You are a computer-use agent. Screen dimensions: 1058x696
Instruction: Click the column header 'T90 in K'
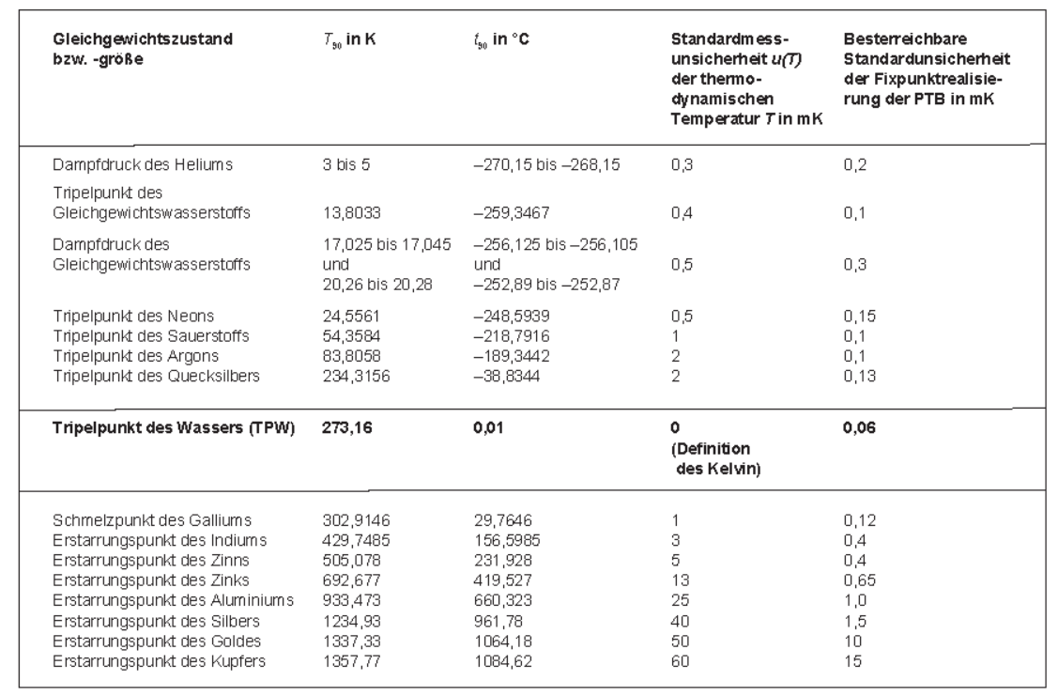349,39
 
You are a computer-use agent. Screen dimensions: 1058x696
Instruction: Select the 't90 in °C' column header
501,39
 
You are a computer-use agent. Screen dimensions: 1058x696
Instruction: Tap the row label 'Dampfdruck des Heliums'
143,164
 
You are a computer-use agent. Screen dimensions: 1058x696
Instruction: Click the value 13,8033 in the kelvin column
351,212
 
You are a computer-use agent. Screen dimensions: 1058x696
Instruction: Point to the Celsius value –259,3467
512,212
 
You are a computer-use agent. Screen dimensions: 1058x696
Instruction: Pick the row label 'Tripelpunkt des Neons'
133,316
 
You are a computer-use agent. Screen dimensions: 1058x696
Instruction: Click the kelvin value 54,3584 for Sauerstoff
351,336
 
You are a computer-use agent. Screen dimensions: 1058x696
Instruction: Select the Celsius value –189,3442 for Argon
512,356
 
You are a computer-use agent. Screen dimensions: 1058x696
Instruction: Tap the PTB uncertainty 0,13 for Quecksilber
860,376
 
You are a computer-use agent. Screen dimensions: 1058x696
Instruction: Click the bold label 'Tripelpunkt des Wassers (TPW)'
174,428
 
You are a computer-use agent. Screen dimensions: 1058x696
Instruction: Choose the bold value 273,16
346,428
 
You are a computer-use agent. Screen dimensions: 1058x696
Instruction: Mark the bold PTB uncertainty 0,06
859,428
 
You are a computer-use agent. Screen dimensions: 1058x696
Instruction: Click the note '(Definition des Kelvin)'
716,459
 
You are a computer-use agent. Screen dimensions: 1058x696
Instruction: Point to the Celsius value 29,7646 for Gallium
502,520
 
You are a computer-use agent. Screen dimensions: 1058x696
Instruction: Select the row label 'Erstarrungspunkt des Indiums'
160,541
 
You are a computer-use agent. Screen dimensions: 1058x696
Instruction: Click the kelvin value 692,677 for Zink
351,580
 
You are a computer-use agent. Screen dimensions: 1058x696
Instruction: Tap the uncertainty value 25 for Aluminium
680,601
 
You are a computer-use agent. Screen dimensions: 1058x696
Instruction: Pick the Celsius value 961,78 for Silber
498,621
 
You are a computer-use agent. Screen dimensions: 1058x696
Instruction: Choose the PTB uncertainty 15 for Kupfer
852,661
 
